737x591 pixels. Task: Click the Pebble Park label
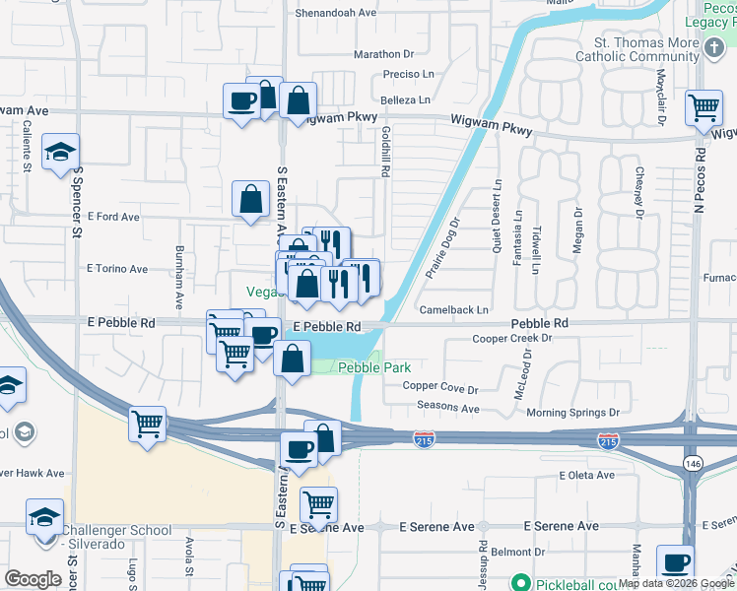point(374,367)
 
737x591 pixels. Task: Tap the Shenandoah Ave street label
point(337,13)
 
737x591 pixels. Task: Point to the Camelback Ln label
point(454,309)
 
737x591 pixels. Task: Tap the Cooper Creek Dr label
point(512,338)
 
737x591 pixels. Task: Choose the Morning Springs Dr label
point(572,413)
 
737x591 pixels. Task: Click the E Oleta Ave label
point(588,475)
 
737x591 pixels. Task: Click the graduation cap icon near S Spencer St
point(61,152)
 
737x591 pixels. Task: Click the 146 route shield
point(694,462)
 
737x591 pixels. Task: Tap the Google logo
point(33,579)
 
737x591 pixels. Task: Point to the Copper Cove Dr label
point(440,389)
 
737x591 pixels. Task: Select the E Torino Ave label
point(117,268)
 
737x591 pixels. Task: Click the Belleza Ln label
point(406,100)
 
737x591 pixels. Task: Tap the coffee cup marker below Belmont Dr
point(675,563)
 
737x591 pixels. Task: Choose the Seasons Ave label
point(448,408)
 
